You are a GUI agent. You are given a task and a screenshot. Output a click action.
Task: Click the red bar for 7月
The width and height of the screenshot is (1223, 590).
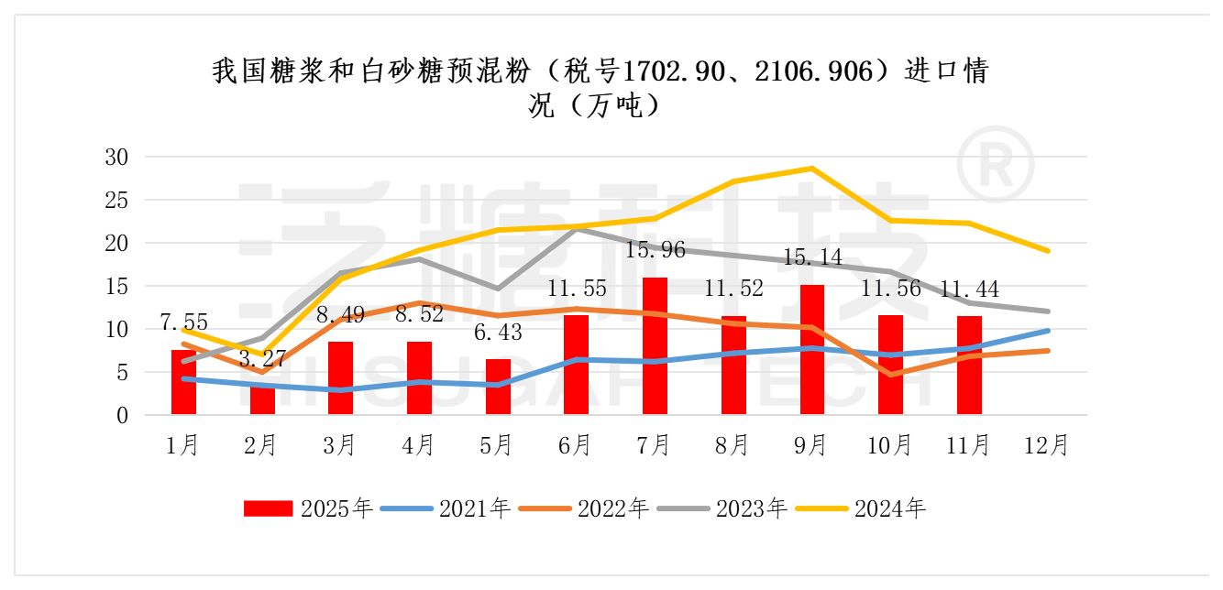pos(655,346)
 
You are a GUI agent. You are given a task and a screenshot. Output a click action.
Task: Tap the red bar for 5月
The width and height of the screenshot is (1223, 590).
pos(498,387)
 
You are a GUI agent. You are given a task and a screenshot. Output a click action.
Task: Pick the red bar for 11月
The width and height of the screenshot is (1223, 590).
pos(969,366)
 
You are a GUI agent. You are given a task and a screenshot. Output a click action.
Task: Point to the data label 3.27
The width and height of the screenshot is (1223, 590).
pos(261,358)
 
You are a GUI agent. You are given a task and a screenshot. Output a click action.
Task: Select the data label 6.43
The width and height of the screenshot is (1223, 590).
pos(498,332)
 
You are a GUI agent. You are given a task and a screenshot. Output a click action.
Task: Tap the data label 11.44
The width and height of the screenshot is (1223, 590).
pos(969,290)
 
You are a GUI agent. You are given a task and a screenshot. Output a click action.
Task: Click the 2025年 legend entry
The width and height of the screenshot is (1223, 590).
pos(308,508)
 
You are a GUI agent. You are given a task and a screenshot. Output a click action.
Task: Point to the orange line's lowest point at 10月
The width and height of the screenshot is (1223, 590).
pos(890,375)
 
